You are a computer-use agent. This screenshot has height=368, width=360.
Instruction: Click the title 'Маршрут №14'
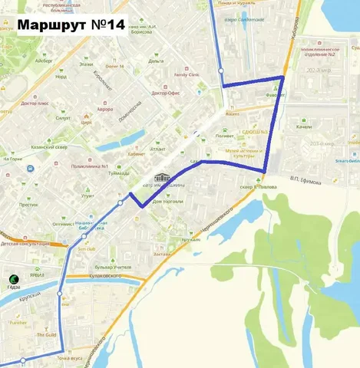pyautogui.click(x=70, y=25)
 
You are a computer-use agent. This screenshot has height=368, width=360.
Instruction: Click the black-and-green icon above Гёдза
pyautogui.click(x=13, y=278)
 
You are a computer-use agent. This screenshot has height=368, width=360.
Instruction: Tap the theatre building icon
pyautogui.click(x=160, y=178)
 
